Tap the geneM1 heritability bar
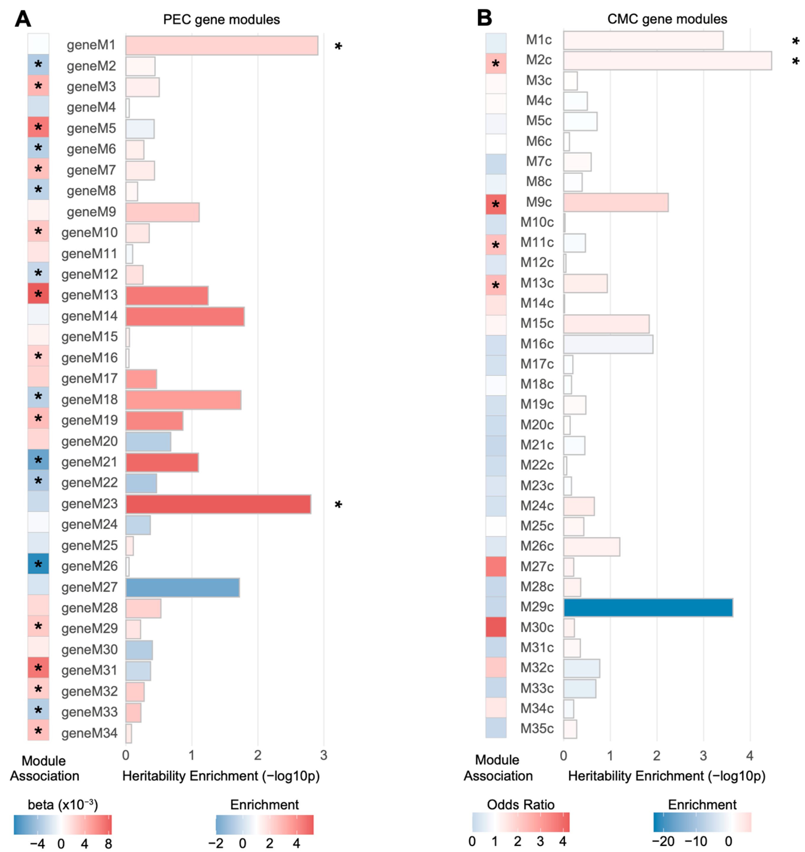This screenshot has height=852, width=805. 221,46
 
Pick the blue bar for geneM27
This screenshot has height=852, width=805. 182,587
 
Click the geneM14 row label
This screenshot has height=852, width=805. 89,316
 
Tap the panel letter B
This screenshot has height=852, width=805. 484,18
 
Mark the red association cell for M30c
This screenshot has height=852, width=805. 496,627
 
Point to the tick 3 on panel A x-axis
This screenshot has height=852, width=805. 324,755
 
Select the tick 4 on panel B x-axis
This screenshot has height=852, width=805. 750,755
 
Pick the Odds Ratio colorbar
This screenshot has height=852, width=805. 520,822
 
